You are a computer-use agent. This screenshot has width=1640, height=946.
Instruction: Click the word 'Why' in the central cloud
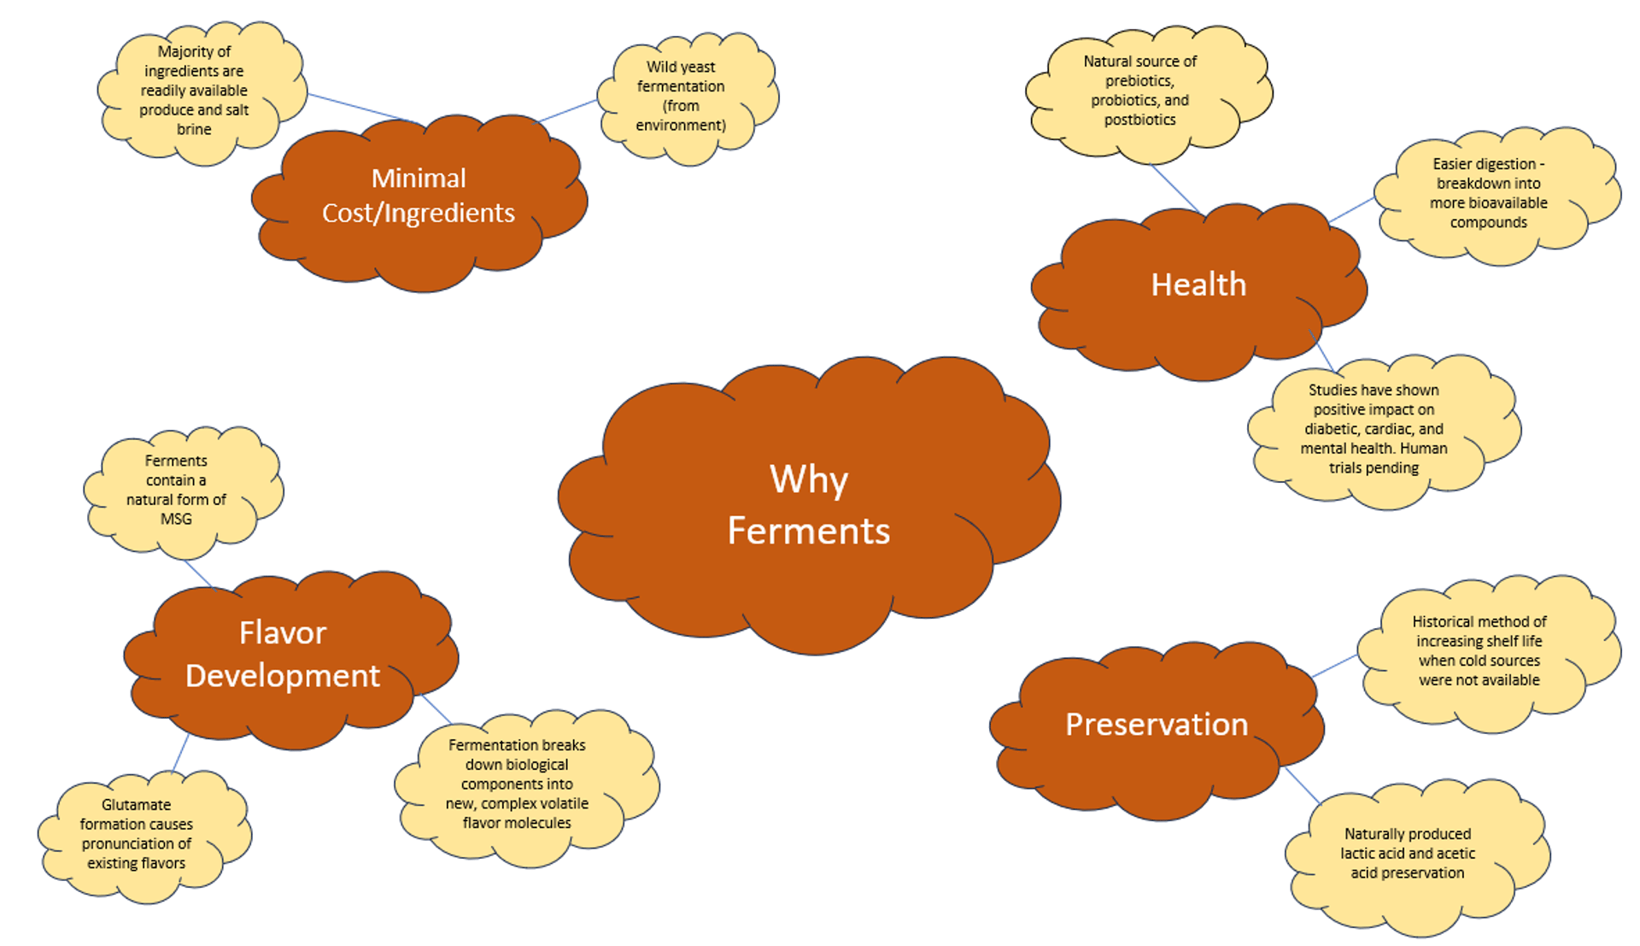808,479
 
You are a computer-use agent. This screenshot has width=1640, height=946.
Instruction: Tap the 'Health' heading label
1198,285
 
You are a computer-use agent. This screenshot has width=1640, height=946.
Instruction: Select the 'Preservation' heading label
1157,725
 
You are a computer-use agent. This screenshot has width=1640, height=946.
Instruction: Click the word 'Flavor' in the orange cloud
283,633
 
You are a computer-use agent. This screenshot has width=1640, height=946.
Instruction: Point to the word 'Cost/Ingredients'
419,213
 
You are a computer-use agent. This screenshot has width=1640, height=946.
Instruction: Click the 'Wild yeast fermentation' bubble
681,96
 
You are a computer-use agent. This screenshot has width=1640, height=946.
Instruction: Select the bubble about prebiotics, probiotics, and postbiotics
1139,91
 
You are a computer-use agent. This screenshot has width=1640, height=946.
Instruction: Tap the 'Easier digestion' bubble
1488,193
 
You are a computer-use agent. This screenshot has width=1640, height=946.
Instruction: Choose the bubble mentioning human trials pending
1373,429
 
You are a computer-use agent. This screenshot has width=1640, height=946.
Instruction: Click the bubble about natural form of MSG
176,490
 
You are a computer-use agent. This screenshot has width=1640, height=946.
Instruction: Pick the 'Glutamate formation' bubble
137,834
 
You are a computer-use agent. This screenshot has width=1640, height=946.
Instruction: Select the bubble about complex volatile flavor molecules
517,784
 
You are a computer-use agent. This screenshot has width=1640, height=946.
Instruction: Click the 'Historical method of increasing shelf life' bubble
1479,651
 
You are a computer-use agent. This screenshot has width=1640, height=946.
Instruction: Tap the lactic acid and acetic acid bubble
1407,853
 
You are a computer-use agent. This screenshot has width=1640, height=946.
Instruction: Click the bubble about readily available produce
194,91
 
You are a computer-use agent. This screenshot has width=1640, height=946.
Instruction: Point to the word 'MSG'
176,519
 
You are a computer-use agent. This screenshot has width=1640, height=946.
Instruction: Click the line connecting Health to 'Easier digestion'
1351,210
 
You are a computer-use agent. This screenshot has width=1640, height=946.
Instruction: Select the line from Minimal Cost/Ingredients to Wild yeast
568,111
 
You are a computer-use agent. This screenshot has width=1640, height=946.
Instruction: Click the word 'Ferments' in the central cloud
808,532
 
